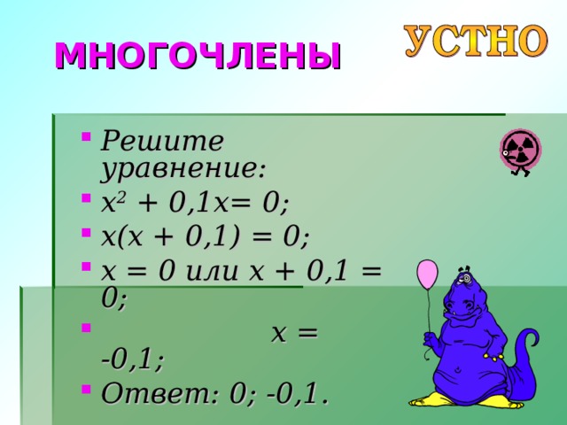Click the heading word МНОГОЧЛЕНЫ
click(x=198, y=55)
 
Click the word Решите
click(x=162, y=141)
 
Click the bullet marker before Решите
click(x=85, y=137)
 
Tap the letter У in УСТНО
click(x=418, y=40)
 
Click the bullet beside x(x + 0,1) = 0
click(x=85, y=235)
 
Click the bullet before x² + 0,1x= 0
click(x=85, y=202)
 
